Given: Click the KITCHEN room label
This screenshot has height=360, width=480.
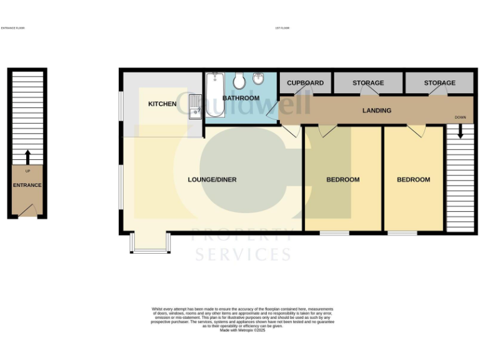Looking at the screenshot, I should (x=162, y=104).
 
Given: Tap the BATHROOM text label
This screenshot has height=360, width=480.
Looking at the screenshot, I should (x=241, y=98).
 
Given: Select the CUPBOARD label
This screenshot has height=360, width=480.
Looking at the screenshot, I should (x=305, y=83).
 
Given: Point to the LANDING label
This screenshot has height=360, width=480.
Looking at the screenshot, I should (x=377, y=111).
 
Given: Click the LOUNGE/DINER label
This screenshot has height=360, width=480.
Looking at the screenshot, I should (x=212, y=180).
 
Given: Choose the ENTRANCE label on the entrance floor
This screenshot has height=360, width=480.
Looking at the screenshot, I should (x=27, y=185).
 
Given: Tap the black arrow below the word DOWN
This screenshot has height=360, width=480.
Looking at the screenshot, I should (x=460, y=131).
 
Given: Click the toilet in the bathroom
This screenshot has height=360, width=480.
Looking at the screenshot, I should (x=239, y=81).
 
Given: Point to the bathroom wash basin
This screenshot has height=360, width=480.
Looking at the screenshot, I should (x=259, y=79).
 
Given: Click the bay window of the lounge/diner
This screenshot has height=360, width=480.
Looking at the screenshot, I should (x=150, y=244).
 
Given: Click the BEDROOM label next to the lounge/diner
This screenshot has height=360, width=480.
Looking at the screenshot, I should (x=343, y=180).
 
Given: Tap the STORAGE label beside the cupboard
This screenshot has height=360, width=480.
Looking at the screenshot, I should (x=368, y=83).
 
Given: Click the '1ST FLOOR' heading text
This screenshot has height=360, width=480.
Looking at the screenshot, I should (x=282, y=28).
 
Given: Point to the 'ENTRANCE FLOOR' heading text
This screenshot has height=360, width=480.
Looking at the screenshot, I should (x=12, y=28).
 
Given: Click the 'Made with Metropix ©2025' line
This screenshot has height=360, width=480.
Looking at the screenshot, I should (x=242, y=330).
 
